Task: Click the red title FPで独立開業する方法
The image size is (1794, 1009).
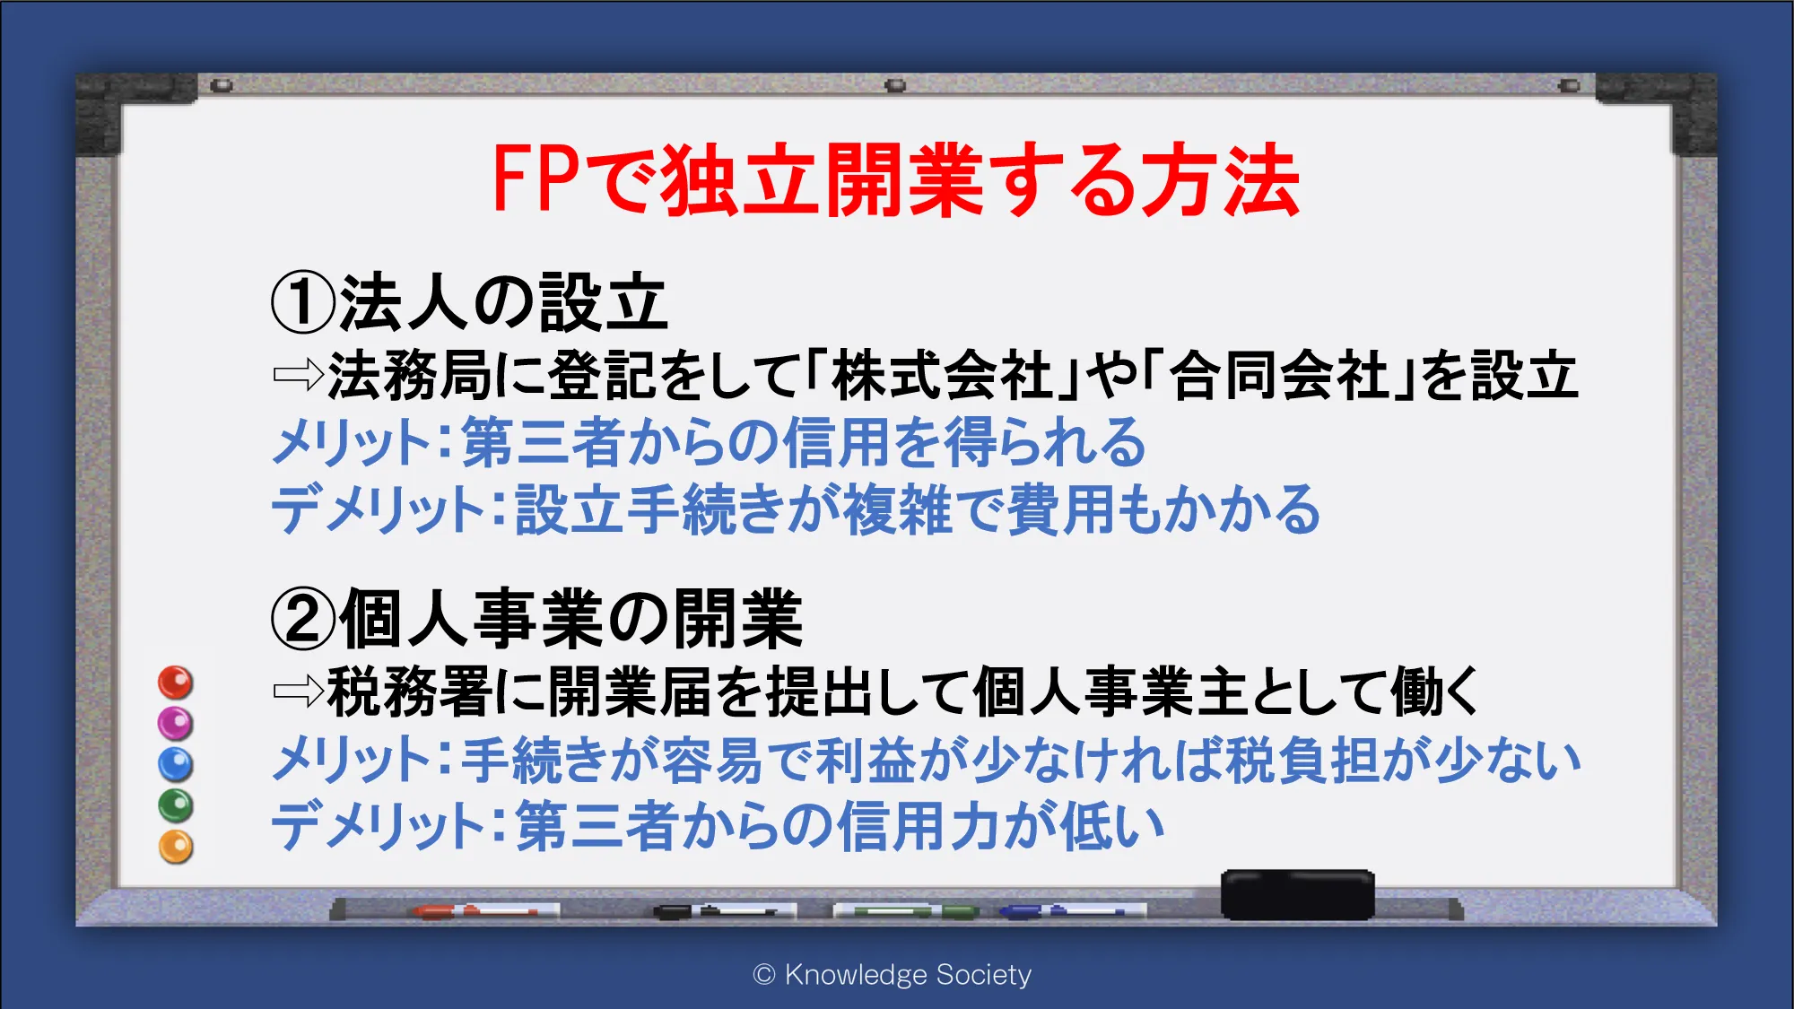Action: pyautogui.click(x=896, y=180)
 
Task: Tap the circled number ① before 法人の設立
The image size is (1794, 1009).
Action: pyautogui.click(x=303, y=303)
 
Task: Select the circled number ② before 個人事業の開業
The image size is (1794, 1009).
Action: pyautogui.click(x=303, y=619)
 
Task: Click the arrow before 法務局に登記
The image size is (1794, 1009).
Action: pyautogui.click(x=299, y=375)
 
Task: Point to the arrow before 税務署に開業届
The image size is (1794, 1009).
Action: pyautogui.click(x=299, y=692)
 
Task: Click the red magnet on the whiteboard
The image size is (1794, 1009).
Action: pyautogui.click(x=176, y=683)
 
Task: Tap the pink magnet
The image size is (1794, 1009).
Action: pyautogui.click(x=176, y=723)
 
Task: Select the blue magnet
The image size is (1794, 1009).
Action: pyautogui.click(x=176, y=764)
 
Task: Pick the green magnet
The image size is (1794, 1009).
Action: pyautogui.click(x=176, y=805)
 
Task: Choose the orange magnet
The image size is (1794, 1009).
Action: pyautogui.click(x=176, y=847)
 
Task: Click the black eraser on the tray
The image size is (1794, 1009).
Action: pyautogui.click(x=1297, y=894)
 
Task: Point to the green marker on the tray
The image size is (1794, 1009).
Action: pyautogui.click(x=906, y=911)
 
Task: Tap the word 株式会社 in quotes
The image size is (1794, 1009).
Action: pyautogui.click(x=943, y=375)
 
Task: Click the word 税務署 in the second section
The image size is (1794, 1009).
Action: pyautogui.click(x=409, y=692)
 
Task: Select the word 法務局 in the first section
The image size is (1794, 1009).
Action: pyautogui.click(x=409, y=375)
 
